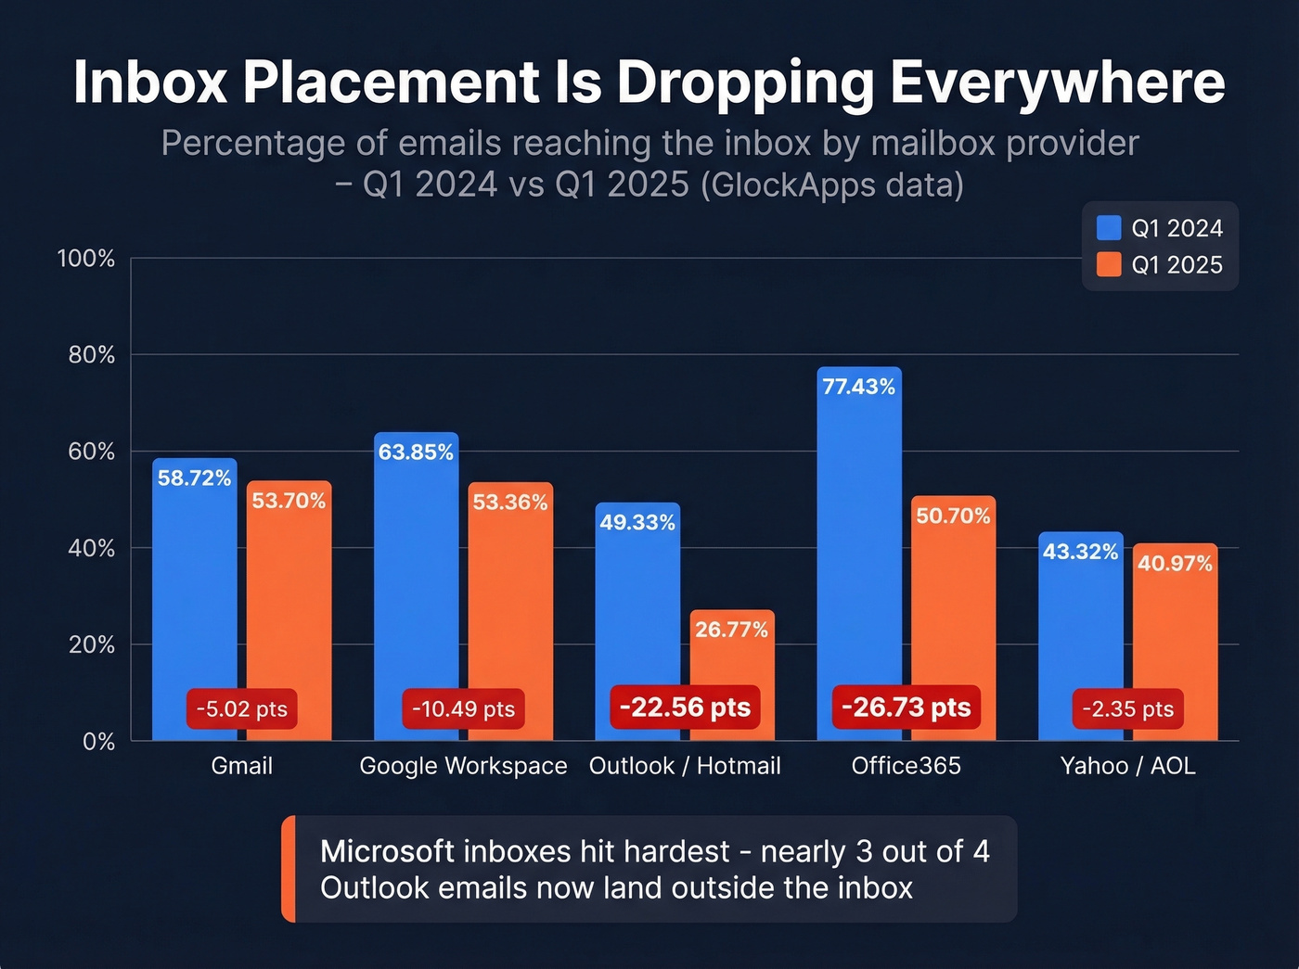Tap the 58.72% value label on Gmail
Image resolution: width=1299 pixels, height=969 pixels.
pyautogui.click(x=194, y=478)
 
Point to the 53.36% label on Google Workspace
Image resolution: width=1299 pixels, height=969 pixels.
pyautogui.click(x=510, y=503)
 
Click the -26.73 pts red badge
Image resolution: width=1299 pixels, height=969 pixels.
pyautogui.click(x=906, y=708)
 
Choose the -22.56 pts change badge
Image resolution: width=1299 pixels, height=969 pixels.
pyautogui.click(x=685, y=708)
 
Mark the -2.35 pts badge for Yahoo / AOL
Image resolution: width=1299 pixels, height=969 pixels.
pyautogui.click(x=1127, y=709)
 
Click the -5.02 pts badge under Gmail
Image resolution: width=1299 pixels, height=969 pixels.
pyautogui.click(x=241, y=709)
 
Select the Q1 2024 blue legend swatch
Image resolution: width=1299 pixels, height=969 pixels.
pyautogui.click(x=1109, y=228)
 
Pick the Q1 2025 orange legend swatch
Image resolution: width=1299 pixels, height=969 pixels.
pyautogui.click(x=1109, y=265)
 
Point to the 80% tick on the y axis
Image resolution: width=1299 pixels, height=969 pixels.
pyautogui.click(x=92, y=355)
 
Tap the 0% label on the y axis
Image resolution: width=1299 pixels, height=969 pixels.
pyautogui.click(x=98, y=742)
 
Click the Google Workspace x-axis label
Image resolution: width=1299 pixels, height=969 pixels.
pyautogui.click(x=463, y=766)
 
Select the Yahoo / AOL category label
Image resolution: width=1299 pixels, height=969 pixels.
pyautogui.click(x=1127, y=766)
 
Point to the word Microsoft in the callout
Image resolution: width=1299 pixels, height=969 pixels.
pyautogui.click(x=387, y=851)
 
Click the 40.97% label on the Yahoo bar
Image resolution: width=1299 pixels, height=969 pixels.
pyautogui.click(x=1175, y=564)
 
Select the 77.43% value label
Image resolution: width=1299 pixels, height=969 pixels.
pyautogui.click(x=859, y=387)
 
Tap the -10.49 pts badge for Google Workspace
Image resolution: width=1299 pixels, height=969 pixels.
pyautogui.click(x=463, y=709)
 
